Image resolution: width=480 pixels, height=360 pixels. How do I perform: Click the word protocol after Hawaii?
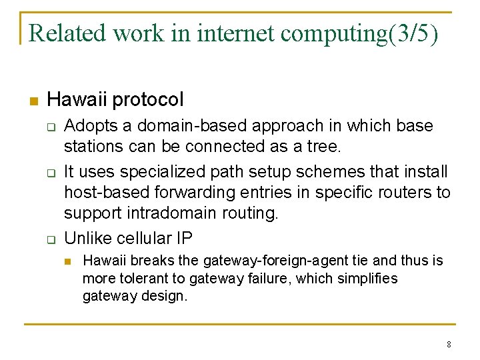pos(149,100)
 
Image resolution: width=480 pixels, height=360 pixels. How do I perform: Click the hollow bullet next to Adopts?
pos(49,127)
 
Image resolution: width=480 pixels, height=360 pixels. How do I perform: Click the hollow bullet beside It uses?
pos(49,173)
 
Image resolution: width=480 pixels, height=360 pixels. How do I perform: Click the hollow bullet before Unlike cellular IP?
pos(49,239)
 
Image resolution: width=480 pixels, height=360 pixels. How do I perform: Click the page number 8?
pos(449,345)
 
